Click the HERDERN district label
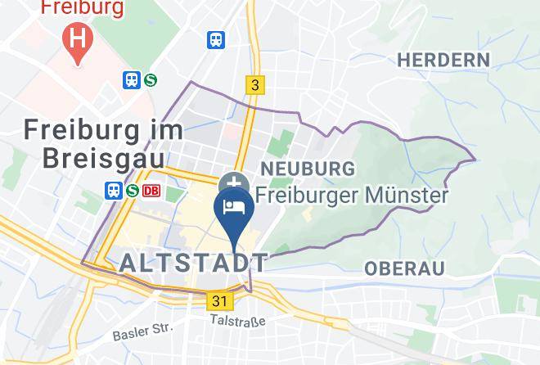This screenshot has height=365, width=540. (x=443, y=60)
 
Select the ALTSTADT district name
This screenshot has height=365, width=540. (x=194, y=263)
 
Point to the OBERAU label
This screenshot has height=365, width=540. (x=404, y=268)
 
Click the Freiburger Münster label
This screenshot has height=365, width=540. (x=352, y=196)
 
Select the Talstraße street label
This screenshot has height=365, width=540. (x=238, y=322)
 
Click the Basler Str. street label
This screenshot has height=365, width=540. (x=144, y=331)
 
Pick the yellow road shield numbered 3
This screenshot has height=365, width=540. (x=255, y=84)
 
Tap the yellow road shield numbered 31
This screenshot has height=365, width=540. (x=218, y=301)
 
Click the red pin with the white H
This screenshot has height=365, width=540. (x=78, y=39)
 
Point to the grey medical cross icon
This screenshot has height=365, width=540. (x=234, y=182)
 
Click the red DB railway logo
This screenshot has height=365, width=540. (x=151, y=191)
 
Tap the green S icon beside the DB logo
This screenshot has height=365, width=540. (x=133, y=191)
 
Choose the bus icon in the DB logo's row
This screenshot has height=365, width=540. (x=114, y=191)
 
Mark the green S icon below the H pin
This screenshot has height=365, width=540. (x=151, y=79)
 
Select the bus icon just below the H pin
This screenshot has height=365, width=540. (x=132, y=79)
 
